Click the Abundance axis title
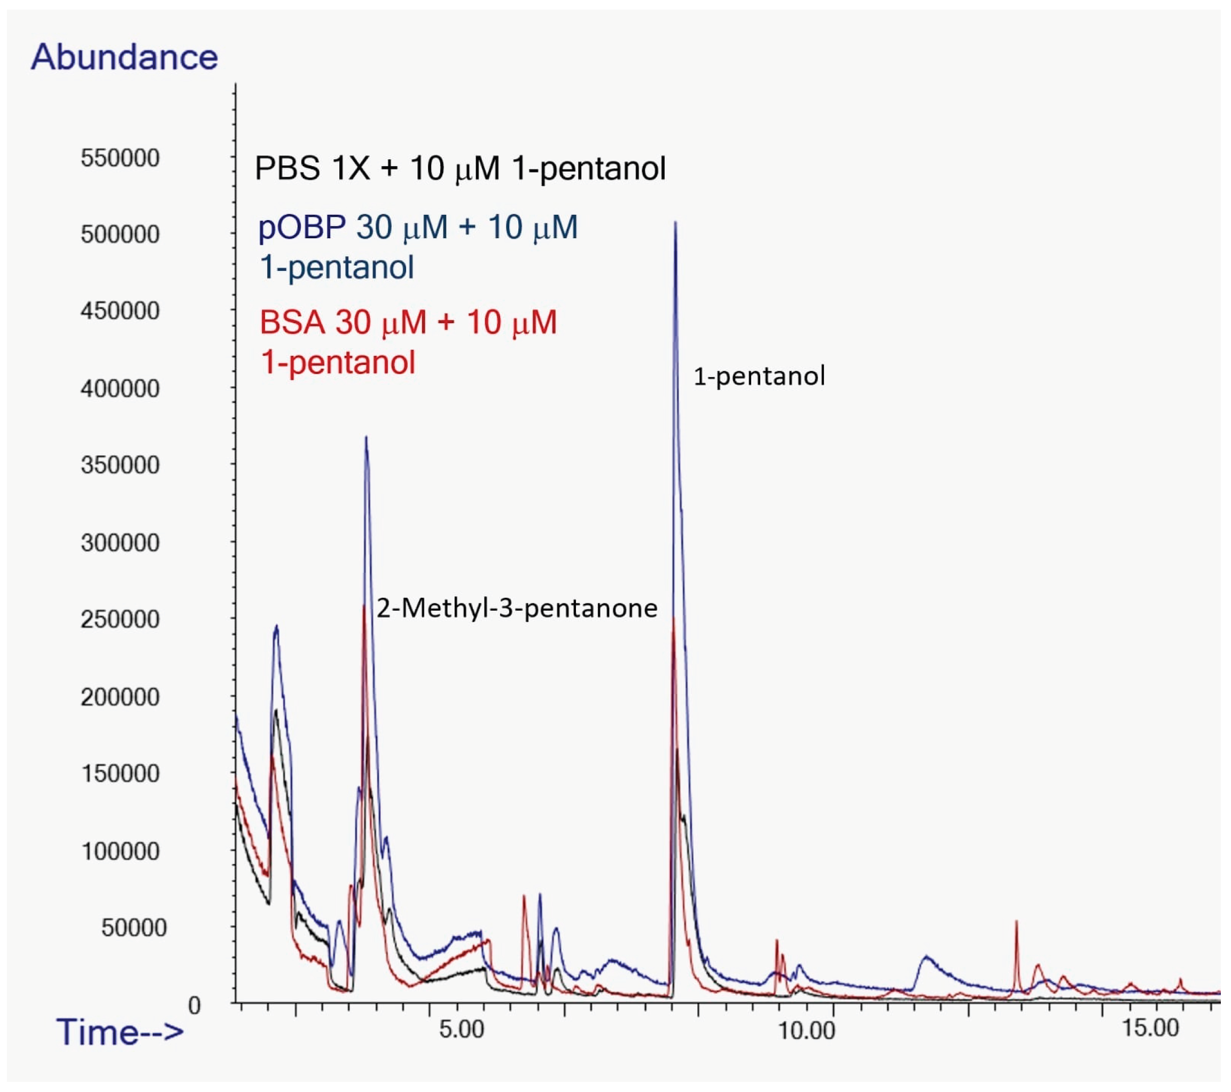tap(124, 57)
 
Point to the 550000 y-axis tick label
tap(120, 159)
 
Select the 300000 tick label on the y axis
tap(120, 543)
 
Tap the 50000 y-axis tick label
tap(133, 927)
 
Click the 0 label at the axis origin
tap(194, 1005)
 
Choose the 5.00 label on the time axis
tap(461, 1029)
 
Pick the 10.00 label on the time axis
tap(806, 1031)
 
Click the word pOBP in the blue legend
tap(302, 228)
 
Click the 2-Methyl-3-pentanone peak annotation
tap(517, 609)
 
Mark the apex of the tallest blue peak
tap(676, 223)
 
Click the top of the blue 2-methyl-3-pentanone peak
tap(366, 438)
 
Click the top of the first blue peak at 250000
tap(276, 627)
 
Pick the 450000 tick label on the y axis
tap(120, 311)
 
